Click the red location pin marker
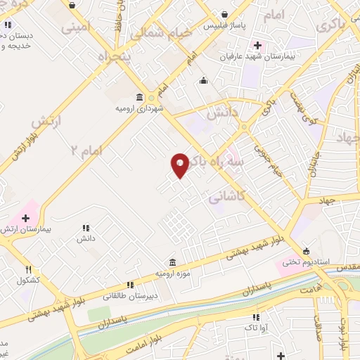pos(180,165)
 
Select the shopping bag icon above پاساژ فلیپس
pos(224,14)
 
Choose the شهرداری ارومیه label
pos(139,109)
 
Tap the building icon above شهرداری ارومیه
pos(140,98)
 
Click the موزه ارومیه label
pos(173,272)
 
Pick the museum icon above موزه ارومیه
pos(173,262)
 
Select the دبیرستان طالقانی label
pos(130,296)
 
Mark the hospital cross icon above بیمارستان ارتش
pos(25,219)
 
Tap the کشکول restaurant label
pos(29,280)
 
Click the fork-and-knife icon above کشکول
pos(29,269)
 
